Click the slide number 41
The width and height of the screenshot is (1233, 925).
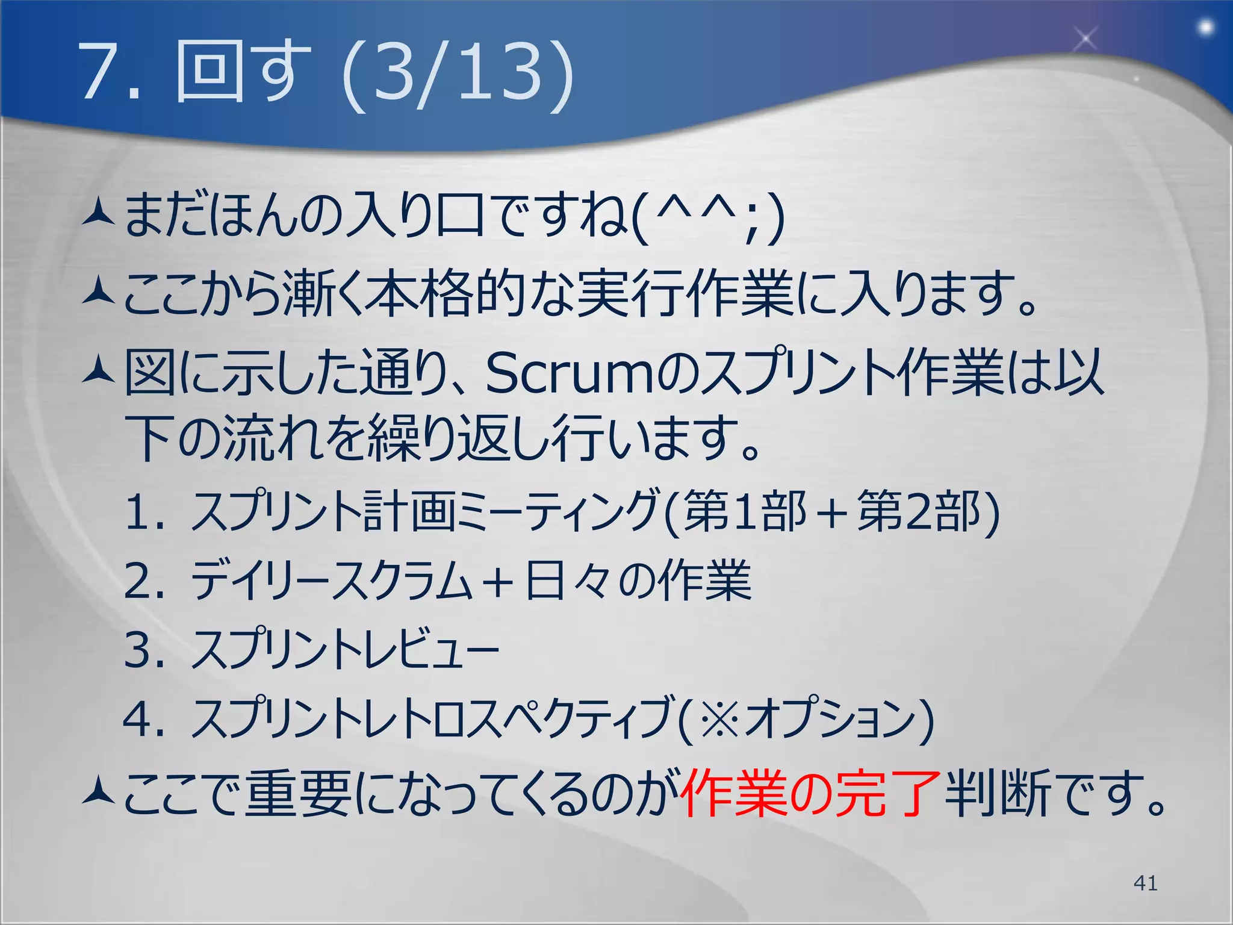coord(1145,883)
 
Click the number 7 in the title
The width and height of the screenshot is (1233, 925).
coord(99,72)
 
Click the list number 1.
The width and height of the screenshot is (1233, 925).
coord(138,512)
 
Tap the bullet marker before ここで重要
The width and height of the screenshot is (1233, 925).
coord(98,792)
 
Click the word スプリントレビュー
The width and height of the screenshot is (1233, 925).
coord(344,650)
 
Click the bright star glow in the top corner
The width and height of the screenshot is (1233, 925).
coord(1206,28)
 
